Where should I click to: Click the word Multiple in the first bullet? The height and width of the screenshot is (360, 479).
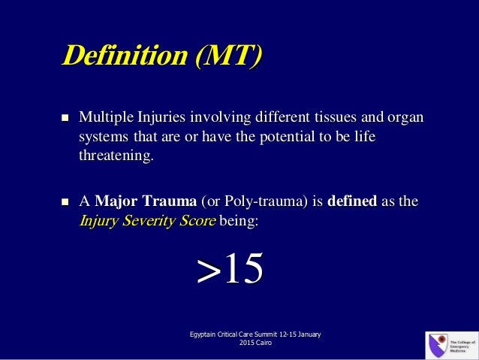[x=106, y=118]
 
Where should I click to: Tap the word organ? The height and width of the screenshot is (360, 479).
[x=405, y=118]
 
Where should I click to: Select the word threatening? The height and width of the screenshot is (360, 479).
[x=115, y=157]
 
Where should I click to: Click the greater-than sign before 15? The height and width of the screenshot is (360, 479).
[x=207, y=271]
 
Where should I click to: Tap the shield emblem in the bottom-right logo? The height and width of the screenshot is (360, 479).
[x=436, y=345]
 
